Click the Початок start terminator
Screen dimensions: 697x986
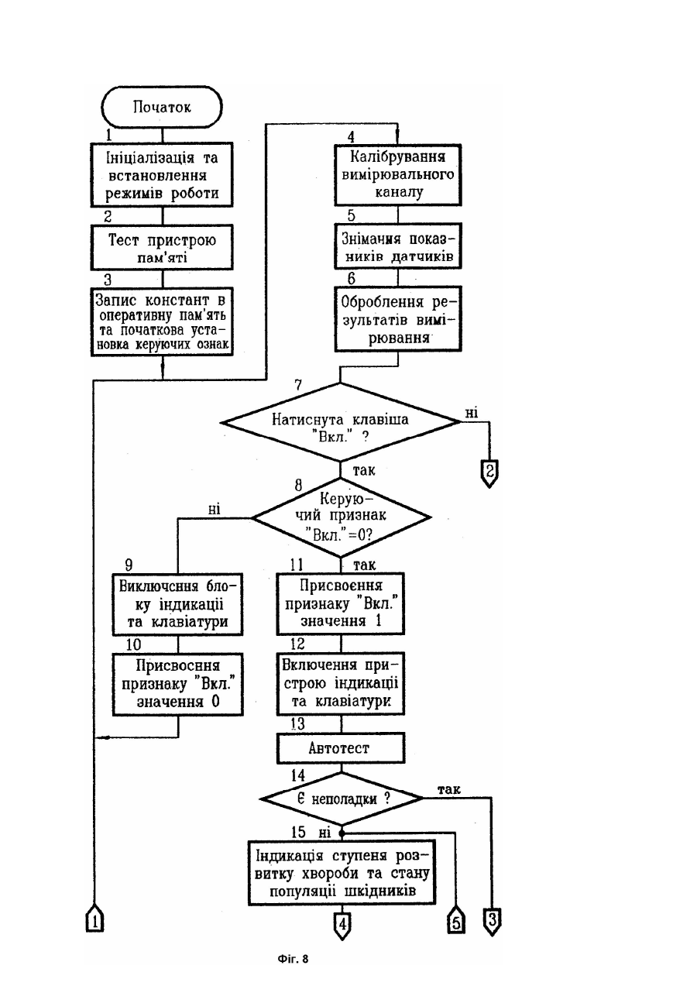click(x=162, y=107)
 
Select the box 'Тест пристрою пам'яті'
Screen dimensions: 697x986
click(x=162, y=247)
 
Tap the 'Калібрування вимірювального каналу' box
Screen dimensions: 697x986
click(x=398, y=175)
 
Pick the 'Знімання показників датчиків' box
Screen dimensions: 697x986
click(x=398, y=246)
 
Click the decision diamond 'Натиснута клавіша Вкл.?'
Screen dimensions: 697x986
click(x=340, y=422)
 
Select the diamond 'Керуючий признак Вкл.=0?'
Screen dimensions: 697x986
click(x=341, y=517)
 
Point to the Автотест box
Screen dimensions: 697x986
click(x=341, y=747)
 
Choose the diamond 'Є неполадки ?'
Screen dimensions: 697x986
click(x=341, y=799)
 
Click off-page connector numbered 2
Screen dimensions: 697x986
click(x=489, y=473)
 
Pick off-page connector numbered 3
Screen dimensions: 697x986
click(x=493, y=921)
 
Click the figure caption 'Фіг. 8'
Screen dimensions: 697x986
click(x=293, y=959)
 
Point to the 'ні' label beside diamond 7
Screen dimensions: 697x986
click(x=472, y=413)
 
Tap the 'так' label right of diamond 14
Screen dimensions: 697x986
click(x=449, y=790)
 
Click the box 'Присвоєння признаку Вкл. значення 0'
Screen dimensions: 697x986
click(x=178, y=684)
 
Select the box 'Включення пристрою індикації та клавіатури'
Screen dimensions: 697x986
click(x=341, y=683)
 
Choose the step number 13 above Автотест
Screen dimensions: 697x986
click(x=298, y=724)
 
